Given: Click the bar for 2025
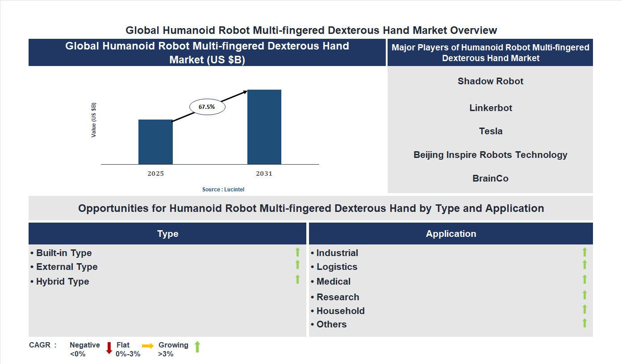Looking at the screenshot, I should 155,142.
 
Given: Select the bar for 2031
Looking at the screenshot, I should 264,127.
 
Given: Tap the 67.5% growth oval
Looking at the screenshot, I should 207,107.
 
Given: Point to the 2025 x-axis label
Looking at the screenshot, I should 155,174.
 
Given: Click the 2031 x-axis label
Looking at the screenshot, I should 264,174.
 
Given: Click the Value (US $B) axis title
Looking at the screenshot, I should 94,120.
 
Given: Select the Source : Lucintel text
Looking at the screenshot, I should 223,190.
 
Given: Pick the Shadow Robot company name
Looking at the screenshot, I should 490,81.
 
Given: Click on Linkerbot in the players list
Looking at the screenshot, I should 491,108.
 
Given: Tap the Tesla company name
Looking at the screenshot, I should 491,131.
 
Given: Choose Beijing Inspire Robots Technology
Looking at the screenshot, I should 490,155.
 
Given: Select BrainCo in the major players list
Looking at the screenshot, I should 490,178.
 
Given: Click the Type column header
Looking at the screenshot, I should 167,234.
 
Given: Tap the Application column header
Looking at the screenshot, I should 451,234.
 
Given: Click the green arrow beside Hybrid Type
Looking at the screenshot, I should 297,280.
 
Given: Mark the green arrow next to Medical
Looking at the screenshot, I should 584,280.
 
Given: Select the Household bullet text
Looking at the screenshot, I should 340,311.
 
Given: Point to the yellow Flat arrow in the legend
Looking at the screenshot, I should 148,346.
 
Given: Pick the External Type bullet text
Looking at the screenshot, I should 67,267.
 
